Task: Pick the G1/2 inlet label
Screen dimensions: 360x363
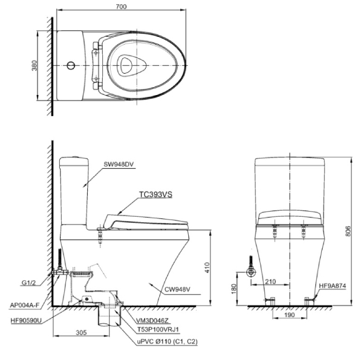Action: (29, 281)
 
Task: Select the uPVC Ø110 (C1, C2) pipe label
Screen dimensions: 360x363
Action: (165, 342)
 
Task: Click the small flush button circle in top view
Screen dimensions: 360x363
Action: (71, 64)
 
